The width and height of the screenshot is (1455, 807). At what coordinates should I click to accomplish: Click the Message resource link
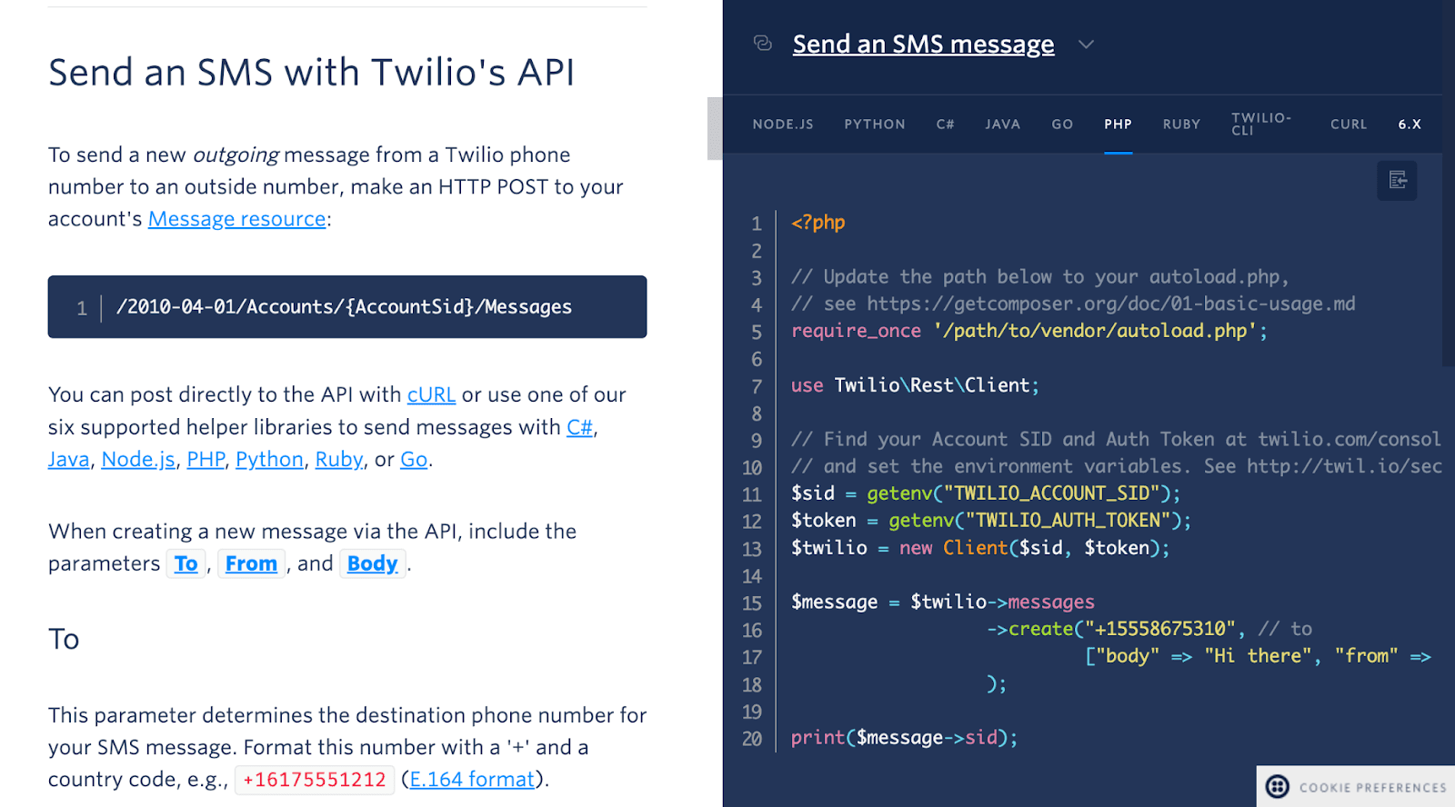click(x=236, y=219)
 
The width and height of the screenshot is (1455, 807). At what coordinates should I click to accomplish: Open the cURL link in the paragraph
click(x=431, y=394)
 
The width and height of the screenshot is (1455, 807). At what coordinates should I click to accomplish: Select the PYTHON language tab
click(x=874, y=124)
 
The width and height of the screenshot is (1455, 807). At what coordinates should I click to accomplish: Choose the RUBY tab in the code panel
click(x=1181, y=124)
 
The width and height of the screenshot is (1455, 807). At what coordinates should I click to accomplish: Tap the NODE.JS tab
click(x=783, y=124)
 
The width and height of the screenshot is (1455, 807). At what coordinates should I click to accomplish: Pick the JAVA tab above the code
click(x=1002, y=124)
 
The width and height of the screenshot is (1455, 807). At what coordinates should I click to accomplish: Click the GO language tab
click(x=1062, y=124)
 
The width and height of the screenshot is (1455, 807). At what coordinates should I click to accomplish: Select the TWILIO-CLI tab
click(x=1261, y=124)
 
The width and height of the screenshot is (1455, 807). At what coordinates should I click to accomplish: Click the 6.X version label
click(x=1410, y=124)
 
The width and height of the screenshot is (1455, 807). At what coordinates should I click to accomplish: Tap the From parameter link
click(x=251, y=563)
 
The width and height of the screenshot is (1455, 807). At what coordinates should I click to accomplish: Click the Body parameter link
click(x=372, y=563)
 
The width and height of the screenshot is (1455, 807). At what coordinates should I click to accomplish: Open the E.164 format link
click(x=472, y=779)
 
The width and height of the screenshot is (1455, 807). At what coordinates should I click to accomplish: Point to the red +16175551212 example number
click(x=315, y=779)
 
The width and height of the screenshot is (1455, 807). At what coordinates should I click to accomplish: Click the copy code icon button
click(x=1397, y=180)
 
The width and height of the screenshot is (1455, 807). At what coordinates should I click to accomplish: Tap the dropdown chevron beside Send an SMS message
click(x=1086, y=45)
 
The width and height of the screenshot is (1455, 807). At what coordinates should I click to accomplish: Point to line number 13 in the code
click(x=751, y=549)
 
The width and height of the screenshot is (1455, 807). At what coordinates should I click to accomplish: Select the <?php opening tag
click(x=818, y=224)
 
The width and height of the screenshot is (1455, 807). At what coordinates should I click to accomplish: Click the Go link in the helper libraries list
click(x=414, y=460)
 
